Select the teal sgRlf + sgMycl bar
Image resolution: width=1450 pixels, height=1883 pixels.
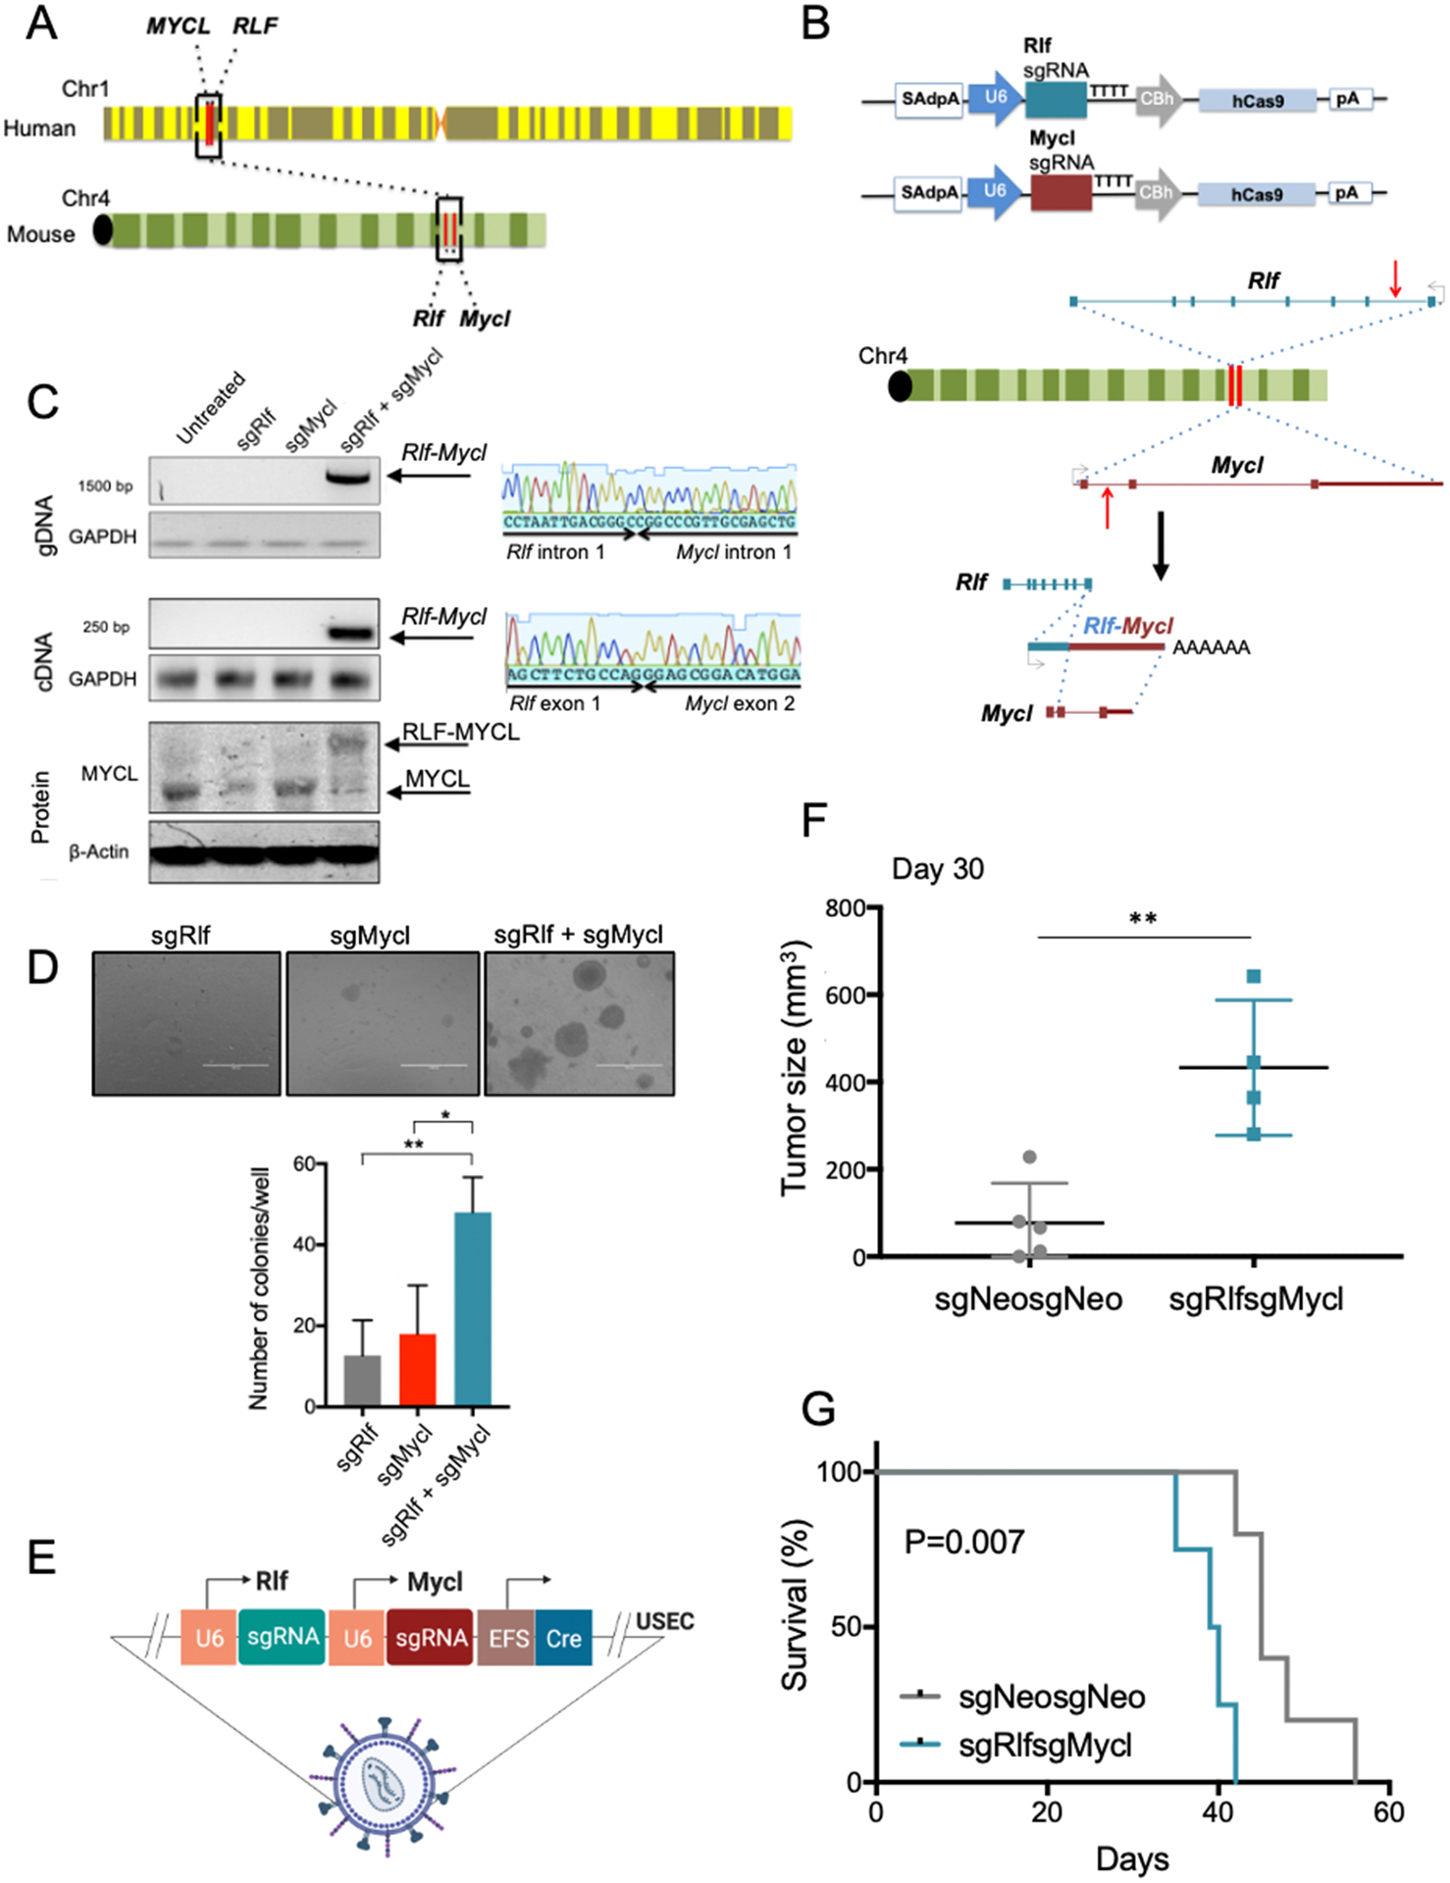[x=473, y=1308]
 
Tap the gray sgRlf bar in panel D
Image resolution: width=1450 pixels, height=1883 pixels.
[x=362, y=1381]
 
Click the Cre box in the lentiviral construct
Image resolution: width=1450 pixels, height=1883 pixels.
[x=563, y=1638]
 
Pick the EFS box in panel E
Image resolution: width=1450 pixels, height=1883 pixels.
[x=507, y=1638]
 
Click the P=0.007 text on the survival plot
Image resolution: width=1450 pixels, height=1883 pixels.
[x=964, y=1542]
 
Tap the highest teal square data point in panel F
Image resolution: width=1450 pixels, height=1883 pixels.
[x=1254, y=976]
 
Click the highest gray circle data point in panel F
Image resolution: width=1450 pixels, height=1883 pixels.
[x=1029, y=1157]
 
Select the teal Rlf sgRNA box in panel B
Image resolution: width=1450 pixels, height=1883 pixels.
[x=1056, y=100]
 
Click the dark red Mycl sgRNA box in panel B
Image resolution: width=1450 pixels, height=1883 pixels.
[x=1061, y=192]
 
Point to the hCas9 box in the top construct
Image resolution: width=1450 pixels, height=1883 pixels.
[x=1257, y=101]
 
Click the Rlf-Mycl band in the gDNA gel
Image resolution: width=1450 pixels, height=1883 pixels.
[x=348, y=478]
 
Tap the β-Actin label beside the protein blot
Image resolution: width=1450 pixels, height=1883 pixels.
[x=99, y=851]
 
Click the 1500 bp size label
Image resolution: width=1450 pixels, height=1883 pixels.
[x=105, y=485]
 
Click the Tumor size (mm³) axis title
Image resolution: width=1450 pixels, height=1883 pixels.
[x=796, y=1069]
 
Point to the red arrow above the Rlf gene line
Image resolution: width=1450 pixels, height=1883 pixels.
[x=1395, y=279]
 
